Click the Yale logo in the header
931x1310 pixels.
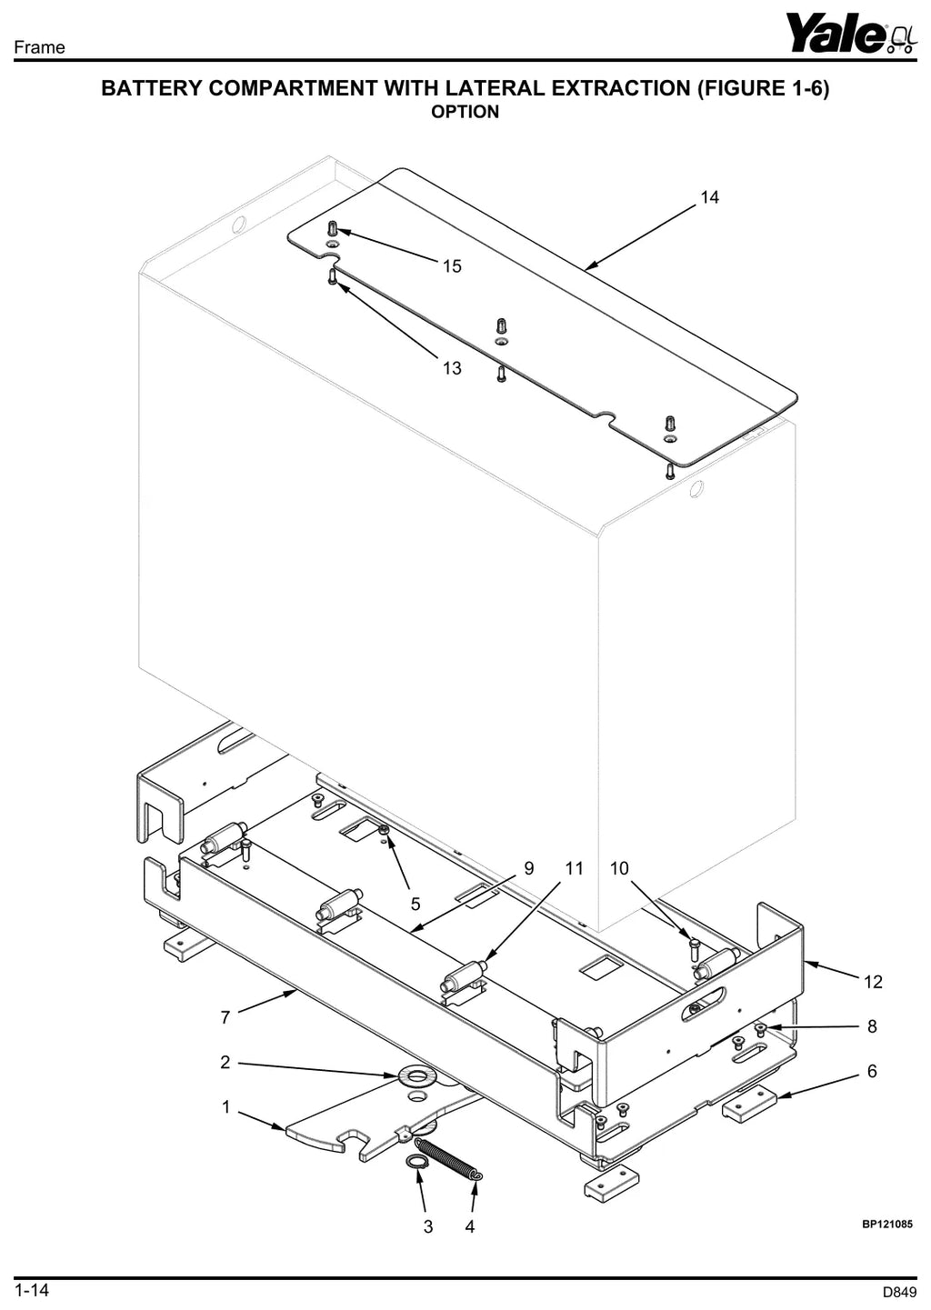(x=852, y=34)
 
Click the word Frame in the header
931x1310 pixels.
(x=39, y=47)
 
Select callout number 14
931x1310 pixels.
(x=709, y=197)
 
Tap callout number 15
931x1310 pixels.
(x=452, y=266)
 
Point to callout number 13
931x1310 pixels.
(x=452, y=368)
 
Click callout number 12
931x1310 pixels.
(x=873, y=982)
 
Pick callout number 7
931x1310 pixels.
(x=225, y=1017)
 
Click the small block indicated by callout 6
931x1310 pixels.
(x=750, y=1105)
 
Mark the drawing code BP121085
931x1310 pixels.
(x=887, y=1224)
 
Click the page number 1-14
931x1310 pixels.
(x=32, y=1290)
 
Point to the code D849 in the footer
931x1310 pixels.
(x=900, y=1293)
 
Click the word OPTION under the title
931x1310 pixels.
(x=465, y=112)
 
